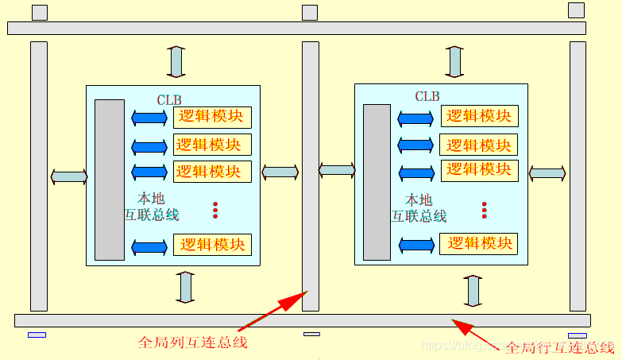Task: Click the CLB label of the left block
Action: tap(169, 100)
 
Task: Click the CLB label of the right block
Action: tap(427, 96)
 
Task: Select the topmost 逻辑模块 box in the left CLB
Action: tap(212, 117)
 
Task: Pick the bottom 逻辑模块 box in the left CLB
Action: tap(212, 245)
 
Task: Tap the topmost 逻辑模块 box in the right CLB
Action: tap(479, 115)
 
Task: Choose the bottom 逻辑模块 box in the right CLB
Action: tap(479, 243)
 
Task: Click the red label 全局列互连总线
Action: tap(193, 343)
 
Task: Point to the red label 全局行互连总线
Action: tap(560, 347)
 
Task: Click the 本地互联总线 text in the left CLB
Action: tap(152, 207)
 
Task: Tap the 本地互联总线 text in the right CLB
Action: tap(419, 207)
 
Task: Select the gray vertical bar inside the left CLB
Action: tap(110, 180)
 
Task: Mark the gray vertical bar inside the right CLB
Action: tap(377, 182)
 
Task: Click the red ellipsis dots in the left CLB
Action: tap(215, 210)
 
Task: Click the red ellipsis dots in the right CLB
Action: tap(484, 210)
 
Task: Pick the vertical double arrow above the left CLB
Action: tap(176, 61)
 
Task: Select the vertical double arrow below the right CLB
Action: tap(473, 291)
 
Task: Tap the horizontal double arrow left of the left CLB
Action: tap(69, 176)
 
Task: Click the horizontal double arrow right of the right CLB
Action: tap(547, 172)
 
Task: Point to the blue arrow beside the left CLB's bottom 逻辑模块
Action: tap(149, 247)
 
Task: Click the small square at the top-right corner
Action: tap(576, 10)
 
